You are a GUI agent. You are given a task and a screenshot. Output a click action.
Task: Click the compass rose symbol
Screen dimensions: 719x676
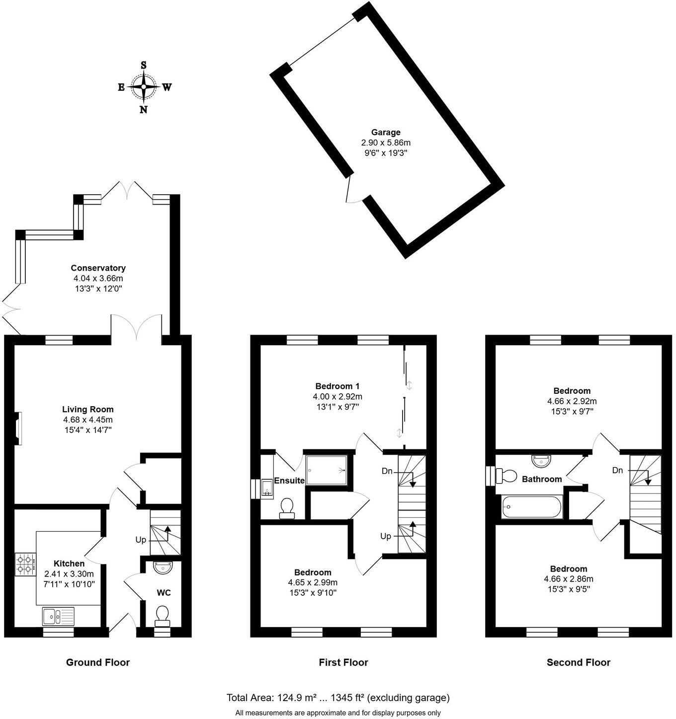click(144, 87)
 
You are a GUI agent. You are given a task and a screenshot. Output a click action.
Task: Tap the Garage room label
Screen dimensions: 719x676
click(386, 133)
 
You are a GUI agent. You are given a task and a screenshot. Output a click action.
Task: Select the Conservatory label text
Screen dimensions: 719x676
click(98, 268)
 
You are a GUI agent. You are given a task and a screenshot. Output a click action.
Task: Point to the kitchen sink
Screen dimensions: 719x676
click(58, 616)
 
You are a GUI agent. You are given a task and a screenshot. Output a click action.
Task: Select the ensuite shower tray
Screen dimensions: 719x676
click(326, 470)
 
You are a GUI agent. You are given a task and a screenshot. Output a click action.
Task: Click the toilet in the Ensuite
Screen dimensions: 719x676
click(287, 508)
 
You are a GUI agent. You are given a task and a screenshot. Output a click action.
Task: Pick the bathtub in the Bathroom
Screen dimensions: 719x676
click(532, 507)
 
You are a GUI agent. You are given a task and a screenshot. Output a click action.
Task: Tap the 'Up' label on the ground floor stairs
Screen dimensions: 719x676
click(141, 539)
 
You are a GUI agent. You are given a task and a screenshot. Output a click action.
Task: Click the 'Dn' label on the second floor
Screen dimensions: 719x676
click(617, 470)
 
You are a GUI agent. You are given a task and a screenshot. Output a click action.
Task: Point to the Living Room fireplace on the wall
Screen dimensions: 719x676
click(17, 428)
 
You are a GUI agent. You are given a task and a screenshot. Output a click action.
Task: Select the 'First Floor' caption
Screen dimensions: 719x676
click(343, 662)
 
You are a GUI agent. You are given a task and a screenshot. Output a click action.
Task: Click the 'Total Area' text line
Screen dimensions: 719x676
click(338, 698)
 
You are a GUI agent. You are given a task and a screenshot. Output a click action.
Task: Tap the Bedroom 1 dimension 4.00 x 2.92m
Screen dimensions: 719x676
click(337, 397)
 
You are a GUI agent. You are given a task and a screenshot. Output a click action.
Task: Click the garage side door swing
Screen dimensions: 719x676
click(351, 191)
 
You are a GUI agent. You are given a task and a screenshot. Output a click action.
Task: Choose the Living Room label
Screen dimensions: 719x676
click(88, 410)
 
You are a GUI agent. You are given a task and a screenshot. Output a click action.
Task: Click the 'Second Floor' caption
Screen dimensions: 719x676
click(578, 662)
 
